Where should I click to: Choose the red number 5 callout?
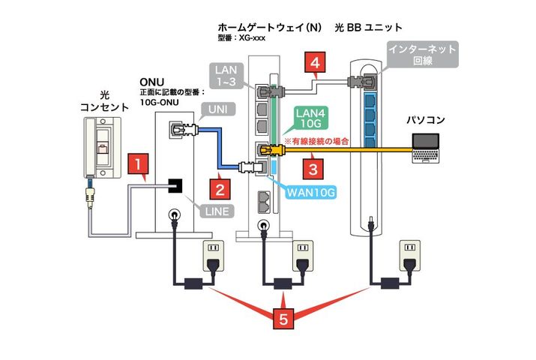(283, 319)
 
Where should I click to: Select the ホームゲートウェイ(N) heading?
(269, 27)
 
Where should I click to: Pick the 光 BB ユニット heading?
(367, 27)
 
